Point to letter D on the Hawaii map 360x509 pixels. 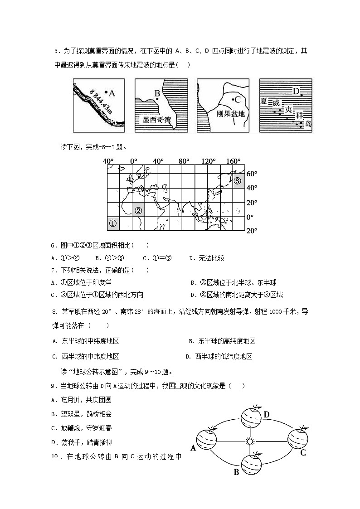[x=296, y=92]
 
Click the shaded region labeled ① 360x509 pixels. [x=114, y=223]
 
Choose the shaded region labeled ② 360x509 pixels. [x=138, y=210]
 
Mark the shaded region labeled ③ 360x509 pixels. [x=238, y=180]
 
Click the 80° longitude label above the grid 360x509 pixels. [x=184, y=161]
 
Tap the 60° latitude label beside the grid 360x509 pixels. [x=251, y=174]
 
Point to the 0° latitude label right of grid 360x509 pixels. [x=249, y=217]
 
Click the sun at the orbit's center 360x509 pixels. [x=248, y=441]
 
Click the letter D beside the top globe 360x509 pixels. [x=267, y=414]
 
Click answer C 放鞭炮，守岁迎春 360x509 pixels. [x=82, y=427]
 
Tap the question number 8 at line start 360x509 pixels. [x=55, y=312]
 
